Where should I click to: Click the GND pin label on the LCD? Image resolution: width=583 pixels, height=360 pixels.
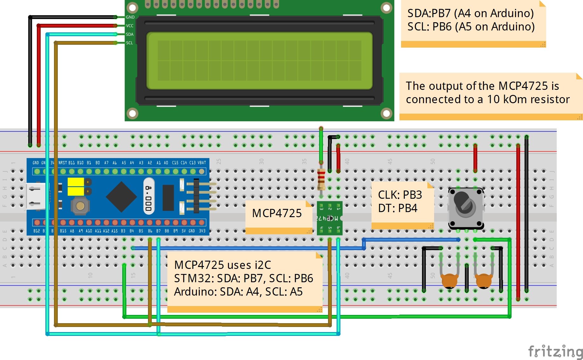(x=130, y=17)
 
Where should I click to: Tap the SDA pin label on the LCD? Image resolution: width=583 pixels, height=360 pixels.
(x=130, y=34)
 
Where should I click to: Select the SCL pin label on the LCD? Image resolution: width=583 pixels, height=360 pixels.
(x=129, y=43)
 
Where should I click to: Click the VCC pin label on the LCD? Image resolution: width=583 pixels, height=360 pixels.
(x=130, y=26)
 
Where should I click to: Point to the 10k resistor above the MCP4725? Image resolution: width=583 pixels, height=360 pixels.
(x=321, y=179)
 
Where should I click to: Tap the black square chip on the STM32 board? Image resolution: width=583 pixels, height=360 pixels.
(x=121, y=197)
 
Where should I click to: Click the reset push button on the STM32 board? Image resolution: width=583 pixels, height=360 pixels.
(x=80, y=206)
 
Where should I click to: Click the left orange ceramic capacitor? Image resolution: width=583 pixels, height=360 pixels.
(x=449, y=281)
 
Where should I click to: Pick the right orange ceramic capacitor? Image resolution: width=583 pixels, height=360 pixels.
(x=483, y=281)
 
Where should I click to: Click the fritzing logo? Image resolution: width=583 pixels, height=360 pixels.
(x=555, y=351)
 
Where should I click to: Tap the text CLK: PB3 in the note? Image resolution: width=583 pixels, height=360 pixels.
(x=400, y=195)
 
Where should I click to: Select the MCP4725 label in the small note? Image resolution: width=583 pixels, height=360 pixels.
(x=277, y=213)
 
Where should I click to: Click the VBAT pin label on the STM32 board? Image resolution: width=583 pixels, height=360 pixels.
(x=202, y=163)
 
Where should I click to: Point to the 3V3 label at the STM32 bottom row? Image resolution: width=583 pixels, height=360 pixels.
(x=202, y=231)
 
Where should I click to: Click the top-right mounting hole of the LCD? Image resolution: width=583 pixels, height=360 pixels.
(x=386, y=8)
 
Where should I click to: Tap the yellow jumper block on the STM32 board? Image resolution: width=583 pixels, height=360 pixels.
(x=76, y=186)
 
